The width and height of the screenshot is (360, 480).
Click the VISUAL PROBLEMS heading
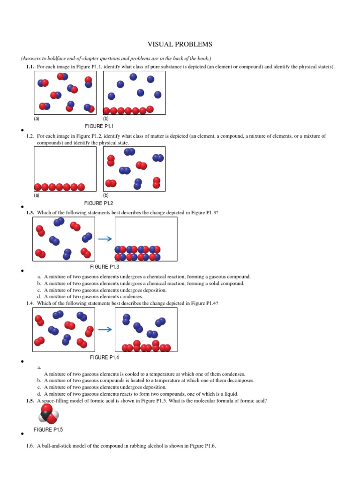(x=180, y=45)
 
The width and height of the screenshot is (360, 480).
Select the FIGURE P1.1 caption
(x=99, y=127)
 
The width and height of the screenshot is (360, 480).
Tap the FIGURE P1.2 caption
(x=99, y=203)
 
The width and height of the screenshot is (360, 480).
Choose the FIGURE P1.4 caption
(x=105, y=358)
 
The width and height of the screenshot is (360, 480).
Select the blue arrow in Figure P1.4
(x=105, y=330)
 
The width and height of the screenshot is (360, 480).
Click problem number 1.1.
(x=30, y=67)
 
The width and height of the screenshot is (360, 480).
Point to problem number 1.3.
(x=30, y=212)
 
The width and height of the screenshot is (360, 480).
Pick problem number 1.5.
(x=30, y=401)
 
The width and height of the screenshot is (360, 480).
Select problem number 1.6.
(x=30, y=446)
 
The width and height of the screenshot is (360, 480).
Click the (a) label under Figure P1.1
(x=37, y=119)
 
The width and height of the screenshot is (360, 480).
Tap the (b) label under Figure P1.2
(x=106, y=195)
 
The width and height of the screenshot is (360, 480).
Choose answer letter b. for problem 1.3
(x=39, y=283)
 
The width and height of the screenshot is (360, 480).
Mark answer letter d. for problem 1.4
(x=39, y=394)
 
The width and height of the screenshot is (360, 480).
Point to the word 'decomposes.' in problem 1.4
(x=241, y=381)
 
